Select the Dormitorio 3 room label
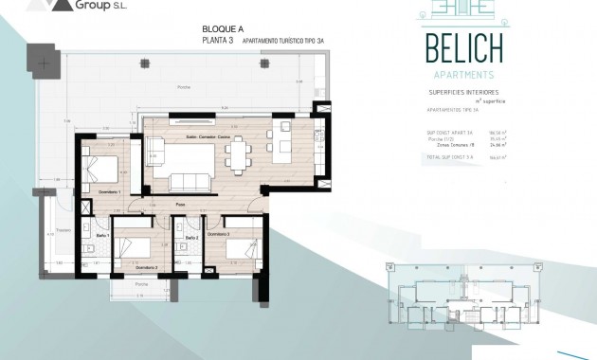[219, 233]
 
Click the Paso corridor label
[179, 204]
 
